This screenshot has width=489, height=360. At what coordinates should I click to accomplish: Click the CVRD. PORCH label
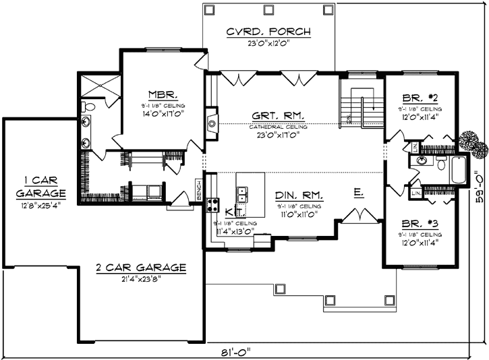click(x=268, y=32)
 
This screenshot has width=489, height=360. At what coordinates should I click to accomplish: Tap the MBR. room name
click(x=163, y=94)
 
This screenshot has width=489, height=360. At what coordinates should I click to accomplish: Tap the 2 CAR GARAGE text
click(x=141, y=267)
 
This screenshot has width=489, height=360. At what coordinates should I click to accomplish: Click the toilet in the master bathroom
click(x=88, y=106)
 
